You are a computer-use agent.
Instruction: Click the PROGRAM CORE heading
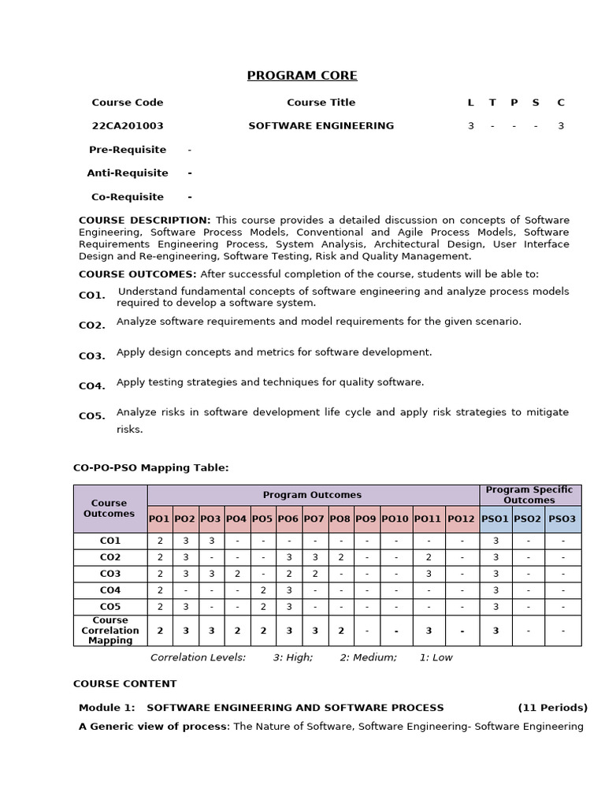[302, 76]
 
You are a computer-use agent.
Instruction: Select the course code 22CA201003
[128, 126]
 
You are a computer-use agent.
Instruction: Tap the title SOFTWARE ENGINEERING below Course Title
[321, 126]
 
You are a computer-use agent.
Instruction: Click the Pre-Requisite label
[128, 150]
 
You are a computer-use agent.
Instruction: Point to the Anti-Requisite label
[128, 173]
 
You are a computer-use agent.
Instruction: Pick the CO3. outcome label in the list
[92, 356]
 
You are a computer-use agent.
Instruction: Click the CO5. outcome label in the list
[92, 416]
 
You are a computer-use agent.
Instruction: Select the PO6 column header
[288, 519]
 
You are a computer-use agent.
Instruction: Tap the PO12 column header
[462, 519]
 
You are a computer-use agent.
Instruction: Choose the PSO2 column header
[528, 519]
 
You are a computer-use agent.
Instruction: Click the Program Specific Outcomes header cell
[529, 495]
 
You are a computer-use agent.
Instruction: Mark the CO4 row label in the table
[110, 590]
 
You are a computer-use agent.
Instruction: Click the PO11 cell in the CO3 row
[428, 574]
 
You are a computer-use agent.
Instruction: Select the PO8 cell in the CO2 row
[340, 557]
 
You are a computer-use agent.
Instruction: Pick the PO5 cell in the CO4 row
[263, 590]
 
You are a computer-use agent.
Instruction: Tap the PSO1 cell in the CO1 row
[496, 541]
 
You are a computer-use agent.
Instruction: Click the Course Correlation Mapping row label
[110, 630]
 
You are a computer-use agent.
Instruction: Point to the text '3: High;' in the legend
[293, 657]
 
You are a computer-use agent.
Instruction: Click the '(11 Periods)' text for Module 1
[552, 708]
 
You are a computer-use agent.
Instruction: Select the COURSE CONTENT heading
[125, 684]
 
